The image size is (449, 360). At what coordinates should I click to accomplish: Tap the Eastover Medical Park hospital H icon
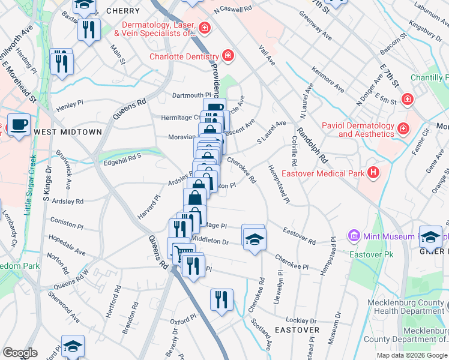(375, 174)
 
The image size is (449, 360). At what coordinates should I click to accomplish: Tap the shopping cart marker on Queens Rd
(180, 252)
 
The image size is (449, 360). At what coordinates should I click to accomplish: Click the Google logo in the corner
(20, 353)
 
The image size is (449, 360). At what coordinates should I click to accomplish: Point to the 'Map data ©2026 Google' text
(412, 355)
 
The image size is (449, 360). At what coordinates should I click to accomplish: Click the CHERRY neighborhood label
(123, 11)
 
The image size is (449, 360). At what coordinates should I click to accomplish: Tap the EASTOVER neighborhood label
(297, 330)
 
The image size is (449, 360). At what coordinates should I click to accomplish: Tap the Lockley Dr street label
(301, 320)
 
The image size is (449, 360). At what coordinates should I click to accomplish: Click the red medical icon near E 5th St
(408, 98)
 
